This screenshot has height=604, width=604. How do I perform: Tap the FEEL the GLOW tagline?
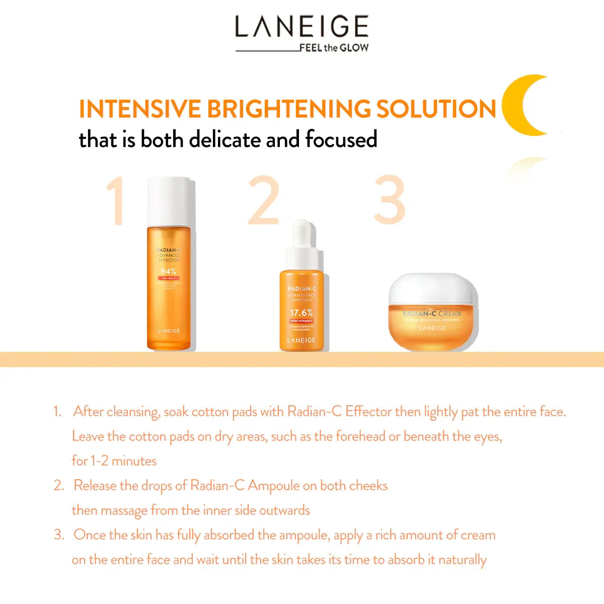click(x=334, y=48)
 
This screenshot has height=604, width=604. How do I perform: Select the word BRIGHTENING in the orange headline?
click(x=288, y=109)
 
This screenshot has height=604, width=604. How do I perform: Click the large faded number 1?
click(x=116, y=200)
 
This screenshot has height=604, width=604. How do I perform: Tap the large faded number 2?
click(x=264, y=200)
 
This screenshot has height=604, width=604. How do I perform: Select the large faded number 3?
click(x=390, y=200)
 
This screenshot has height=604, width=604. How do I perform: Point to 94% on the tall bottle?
click(x=168, y=271)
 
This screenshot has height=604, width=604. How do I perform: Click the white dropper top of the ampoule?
click(x=301, y=244)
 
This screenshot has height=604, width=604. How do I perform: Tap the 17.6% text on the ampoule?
click(x=301, y=313)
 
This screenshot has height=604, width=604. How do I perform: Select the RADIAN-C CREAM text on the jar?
click(x=431, y=314)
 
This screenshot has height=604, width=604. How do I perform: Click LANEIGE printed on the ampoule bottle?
click(x=301, y=340)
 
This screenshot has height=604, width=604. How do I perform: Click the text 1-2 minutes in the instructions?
click(x=123, y=461)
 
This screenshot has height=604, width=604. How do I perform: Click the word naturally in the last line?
click(x=462, y=560)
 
